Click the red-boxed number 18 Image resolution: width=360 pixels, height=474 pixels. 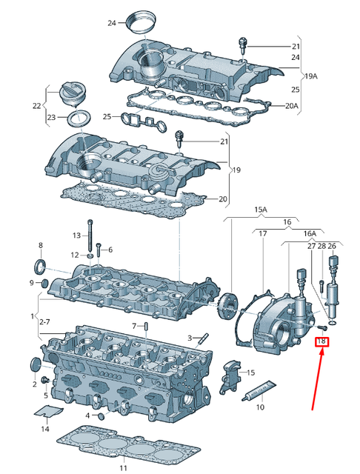322,341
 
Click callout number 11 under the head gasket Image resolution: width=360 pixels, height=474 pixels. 124,468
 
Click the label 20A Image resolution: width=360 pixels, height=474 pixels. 291,106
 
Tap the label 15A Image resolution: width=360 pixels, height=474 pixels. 261,210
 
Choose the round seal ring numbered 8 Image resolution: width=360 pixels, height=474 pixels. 41,265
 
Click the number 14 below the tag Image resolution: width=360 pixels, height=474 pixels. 45,428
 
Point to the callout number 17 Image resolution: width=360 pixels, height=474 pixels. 261,234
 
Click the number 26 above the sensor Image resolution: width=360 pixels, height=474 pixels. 332,246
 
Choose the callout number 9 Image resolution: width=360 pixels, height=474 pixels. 33,283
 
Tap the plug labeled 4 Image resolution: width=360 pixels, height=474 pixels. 101,415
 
